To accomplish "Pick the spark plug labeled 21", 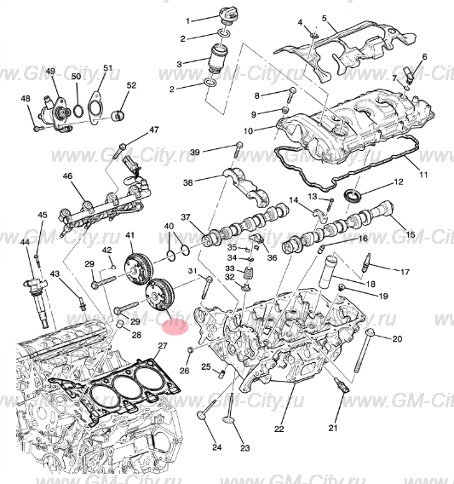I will [342, 387].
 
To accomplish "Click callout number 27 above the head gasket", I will [163, 345].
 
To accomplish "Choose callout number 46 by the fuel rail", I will [67, 176].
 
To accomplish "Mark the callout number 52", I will [131, 86].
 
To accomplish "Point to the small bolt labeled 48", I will [37, 129].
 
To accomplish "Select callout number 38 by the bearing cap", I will [188, 181].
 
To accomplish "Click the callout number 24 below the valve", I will [216, 447].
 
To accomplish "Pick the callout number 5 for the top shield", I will [324, 17].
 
